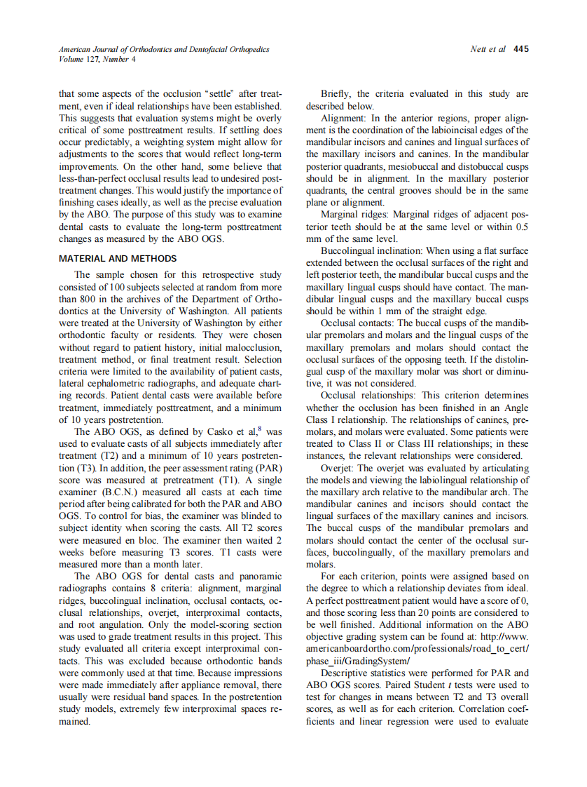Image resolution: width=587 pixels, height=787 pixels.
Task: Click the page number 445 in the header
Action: (x=520, y=49)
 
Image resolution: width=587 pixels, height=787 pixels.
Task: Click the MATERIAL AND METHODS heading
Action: (x=112, y=258)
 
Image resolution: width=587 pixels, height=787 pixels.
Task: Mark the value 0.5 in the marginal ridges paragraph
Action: (x=521, y=227)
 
